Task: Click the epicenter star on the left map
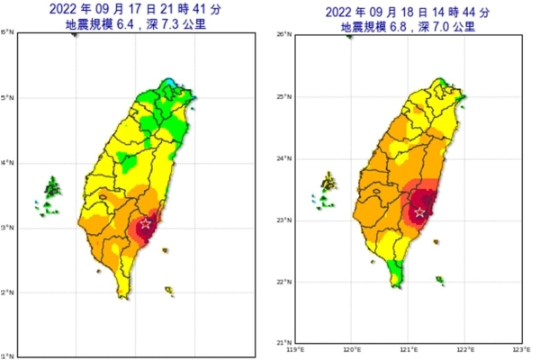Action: pos(146,223)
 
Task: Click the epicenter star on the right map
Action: pos(419,212)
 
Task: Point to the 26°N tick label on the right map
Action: pos(279,34)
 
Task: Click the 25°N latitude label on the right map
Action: pos(279,96)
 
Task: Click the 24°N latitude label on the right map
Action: pos(279,158)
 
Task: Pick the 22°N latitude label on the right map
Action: pos(279,283)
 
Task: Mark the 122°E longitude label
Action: pos(465,350)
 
